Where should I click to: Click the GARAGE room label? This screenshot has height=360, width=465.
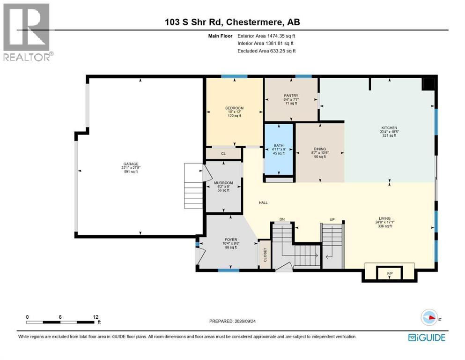click(x=131, y=164)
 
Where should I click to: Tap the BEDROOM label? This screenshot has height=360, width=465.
click(x=234, y=108)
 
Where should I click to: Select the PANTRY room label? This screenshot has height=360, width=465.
click(x=291, y=96)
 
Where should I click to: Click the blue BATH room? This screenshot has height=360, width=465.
click(x=279, y=149)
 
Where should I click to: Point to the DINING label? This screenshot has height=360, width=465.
click(x=320, y=149)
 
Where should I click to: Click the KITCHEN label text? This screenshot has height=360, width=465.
click(x=389, y=128)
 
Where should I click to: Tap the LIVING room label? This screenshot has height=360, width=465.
click(x=384, y=218)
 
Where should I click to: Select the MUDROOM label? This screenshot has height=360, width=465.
click(x=223, y=183)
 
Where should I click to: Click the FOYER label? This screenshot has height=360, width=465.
click(x=231, y=240)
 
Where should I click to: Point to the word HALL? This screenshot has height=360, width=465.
click(x=263, y=202)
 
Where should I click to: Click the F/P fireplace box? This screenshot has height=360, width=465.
click(x=390, y=273)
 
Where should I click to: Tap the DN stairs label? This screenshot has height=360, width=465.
click(x=282, y=219)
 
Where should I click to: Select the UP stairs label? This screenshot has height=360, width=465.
click(x=332, y=220)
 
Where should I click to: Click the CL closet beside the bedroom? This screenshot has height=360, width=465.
click(x=223, y=153)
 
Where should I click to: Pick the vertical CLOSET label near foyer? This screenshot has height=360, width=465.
click(x=265, y=255)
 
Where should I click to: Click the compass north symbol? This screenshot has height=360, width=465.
click(x=429, y=317)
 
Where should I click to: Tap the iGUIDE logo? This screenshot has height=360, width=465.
click(x=427, y=337)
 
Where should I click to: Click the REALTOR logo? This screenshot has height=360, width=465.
click(x=27, y=32)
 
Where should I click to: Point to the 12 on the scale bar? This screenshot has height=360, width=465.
click(x=96, y=317)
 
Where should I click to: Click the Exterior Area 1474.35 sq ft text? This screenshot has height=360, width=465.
click(x=266, y=36)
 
